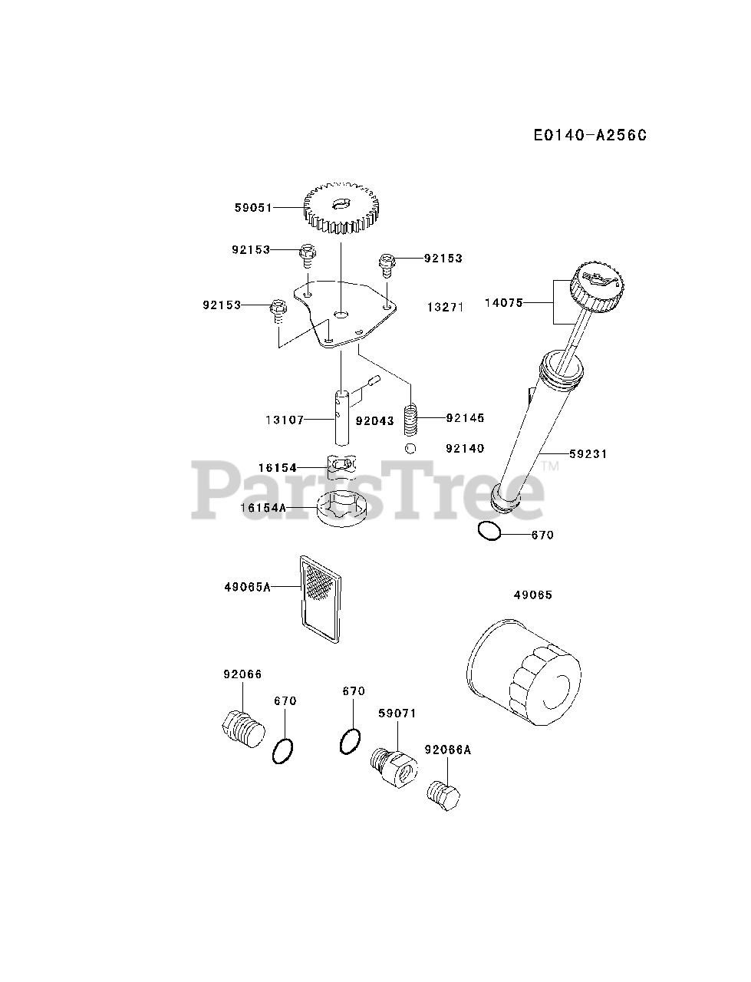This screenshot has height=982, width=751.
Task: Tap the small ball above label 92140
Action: coord(411,448)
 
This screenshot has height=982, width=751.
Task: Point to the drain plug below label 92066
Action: coord(242,729)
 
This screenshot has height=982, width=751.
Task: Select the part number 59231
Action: coord(588,454)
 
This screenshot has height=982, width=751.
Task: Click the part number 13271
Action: coord(446,307)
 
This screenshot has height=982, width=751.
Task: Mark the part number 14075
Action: coord(503,303)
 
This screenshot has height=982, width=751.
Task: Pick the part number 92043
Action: coord(375,421)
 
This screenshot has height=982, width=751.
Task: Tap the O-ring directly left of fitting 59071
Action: coord(349,742)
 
